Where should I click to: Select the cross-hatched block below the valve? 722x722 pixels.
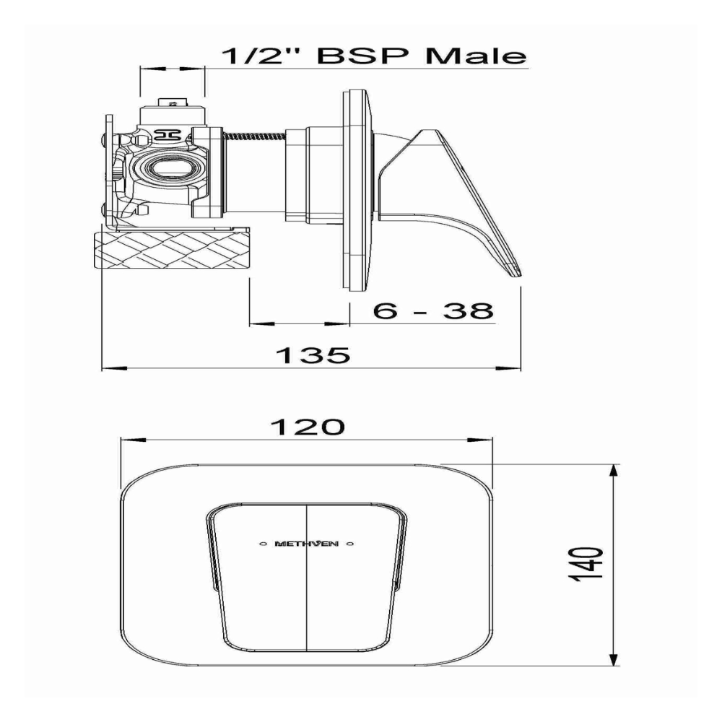[172, 250]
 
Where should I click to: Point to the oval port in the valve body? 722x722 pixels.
[168, 171]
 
